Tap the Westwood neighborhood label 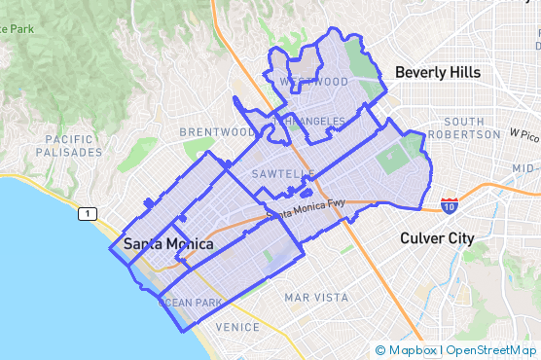[x=313, y=82]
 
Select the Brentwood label [x=217, y=131]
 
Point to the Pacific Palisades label [x=68, y=146]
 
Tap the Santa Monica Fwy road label [x=306, y=207]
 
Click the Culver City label [x=437, y=237]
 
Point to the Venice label [x=237, y=327]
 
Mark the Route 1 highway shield [x=89, y=213]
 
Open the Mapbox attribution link [x=413, y=349]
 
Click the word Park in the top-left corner [x=19, y=30]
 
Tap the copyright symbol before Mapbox [x=380, y=349]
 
